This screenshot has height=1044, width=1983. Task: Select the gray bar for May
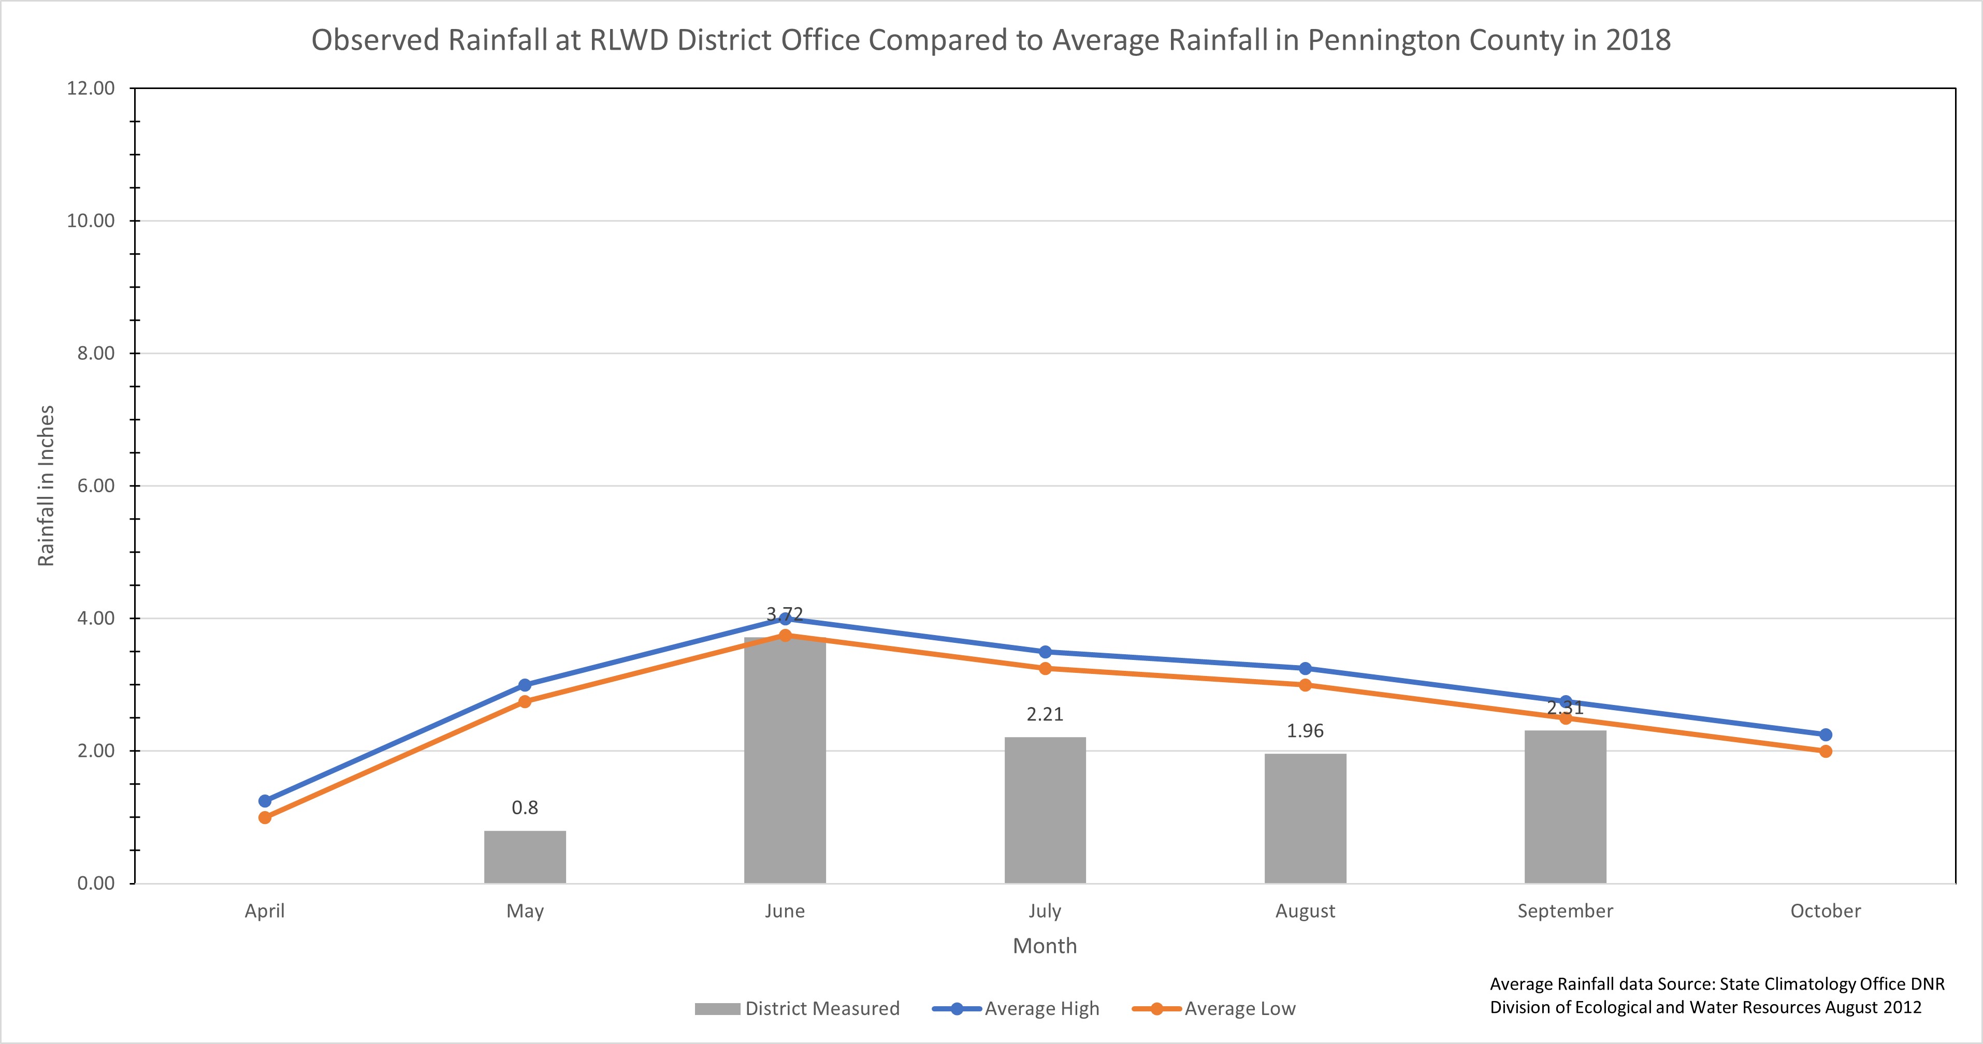[525, 857]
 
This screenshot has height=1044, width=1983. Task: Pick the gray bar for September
[1565, 807]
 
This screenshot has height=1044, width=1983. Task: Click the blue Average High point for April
[265, 801]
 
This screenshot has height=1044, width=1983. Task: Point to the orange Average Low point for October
[1825, 751]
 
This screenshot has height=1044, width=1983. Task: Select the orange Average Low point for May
[525, 702]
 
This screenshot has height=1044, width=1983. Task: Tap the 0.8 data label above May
[525, 808]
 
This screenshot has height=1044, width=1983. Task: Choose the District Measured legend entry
[797, 1009]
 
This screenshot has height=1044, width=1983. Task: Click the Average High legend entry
[1016, 1009]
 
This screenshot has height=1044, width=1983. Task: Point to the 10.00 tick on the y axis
[91, 221]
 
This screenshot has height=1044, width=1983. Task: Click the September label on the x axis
[1565, 911]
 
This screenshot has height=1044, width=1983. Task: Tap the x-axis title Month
[1045, 946]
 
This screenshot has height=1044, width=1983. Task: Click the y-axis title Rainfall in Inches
[46, 486]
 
